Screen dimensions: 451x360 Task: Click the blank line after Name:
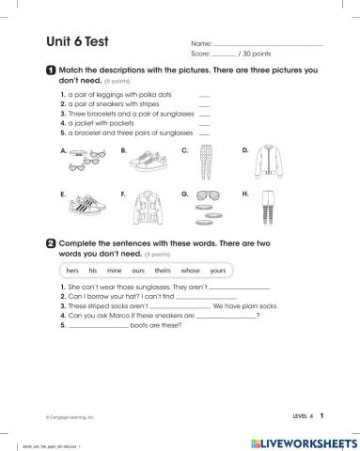(x=268, y=45)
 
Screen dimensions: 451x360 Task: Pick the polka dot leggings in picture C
(x=206, y=163)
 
